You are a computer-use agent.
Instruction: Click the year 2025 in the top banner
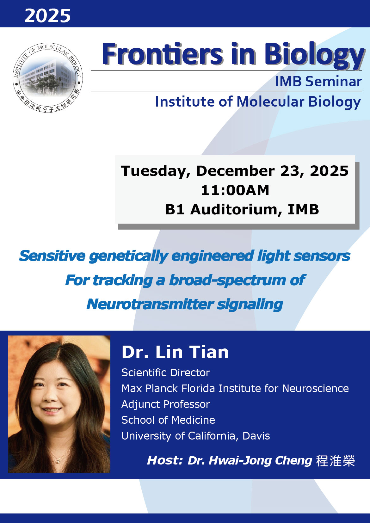tap(47, 16)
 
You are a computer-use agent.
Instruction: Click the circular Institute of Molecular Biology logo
tap(48, 78)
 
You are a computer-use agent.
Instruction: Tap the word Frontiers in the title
tap(163, 54)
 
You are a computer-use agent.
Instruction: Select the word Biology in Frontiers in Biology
tap(314, 56)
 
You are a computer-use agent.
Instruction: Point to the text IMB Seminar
tap(319, 82)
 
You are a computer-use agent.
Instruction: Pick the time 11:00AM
tap(235, 190)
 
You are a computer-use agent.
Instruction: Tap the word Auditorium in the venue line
tap(237, 209)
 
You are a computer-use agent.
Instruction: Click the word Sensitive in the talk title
tap(52, 256)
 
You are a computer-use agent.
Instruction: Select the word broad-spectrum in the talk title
tap(227, 280)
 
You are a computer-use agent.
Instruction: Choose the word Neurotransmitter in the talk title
tap(150, 305)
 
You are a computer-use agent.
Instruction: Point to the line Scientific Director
tap(165, 372)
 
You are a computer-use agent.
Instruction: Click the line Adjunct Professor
tap(165, 404)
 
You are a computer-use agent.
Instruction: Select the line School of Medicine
tap(168, 420)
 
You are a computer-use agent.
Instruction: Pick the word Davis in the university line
tap(256, 436)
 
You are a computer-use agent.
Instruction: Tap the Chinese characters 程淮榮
tap(336, 461)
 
